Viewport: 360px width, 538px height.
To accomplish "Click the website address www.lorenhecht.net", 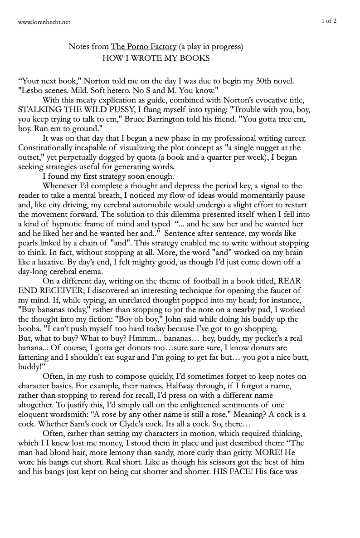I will pyautogui.click(x=44, y=21).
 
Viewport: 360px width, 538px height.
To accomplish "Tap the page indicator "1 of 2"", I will pyautogui.click(x=329, y=20).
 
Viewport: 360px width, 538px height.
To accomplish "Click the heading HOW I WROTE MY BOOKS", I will pyautogui.click(x=156, y=58).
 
